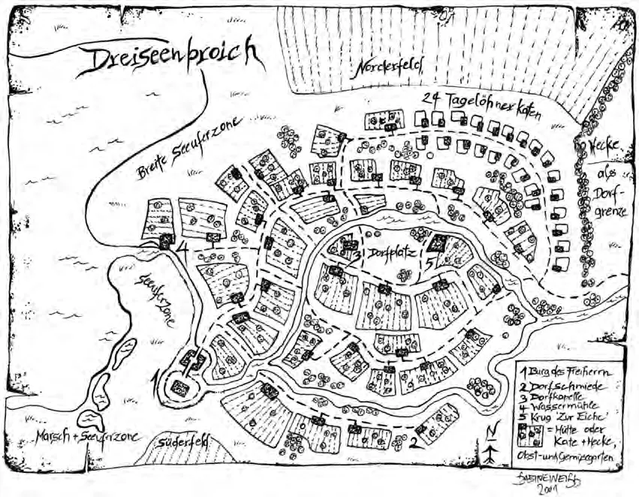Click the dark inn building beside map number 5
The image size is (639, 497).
pos(439,244)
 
